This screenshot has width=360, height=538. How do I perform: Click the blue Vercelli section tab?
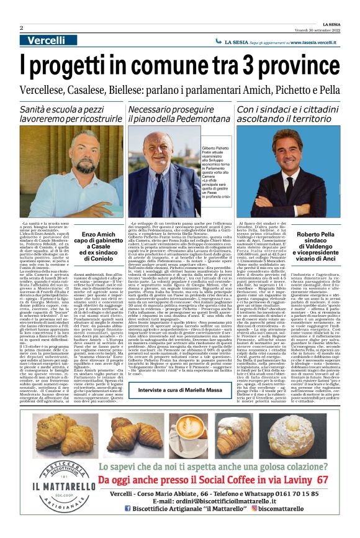coord(47,40)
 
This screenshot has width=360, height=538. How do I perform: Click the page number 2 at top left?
coord(21,28)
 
